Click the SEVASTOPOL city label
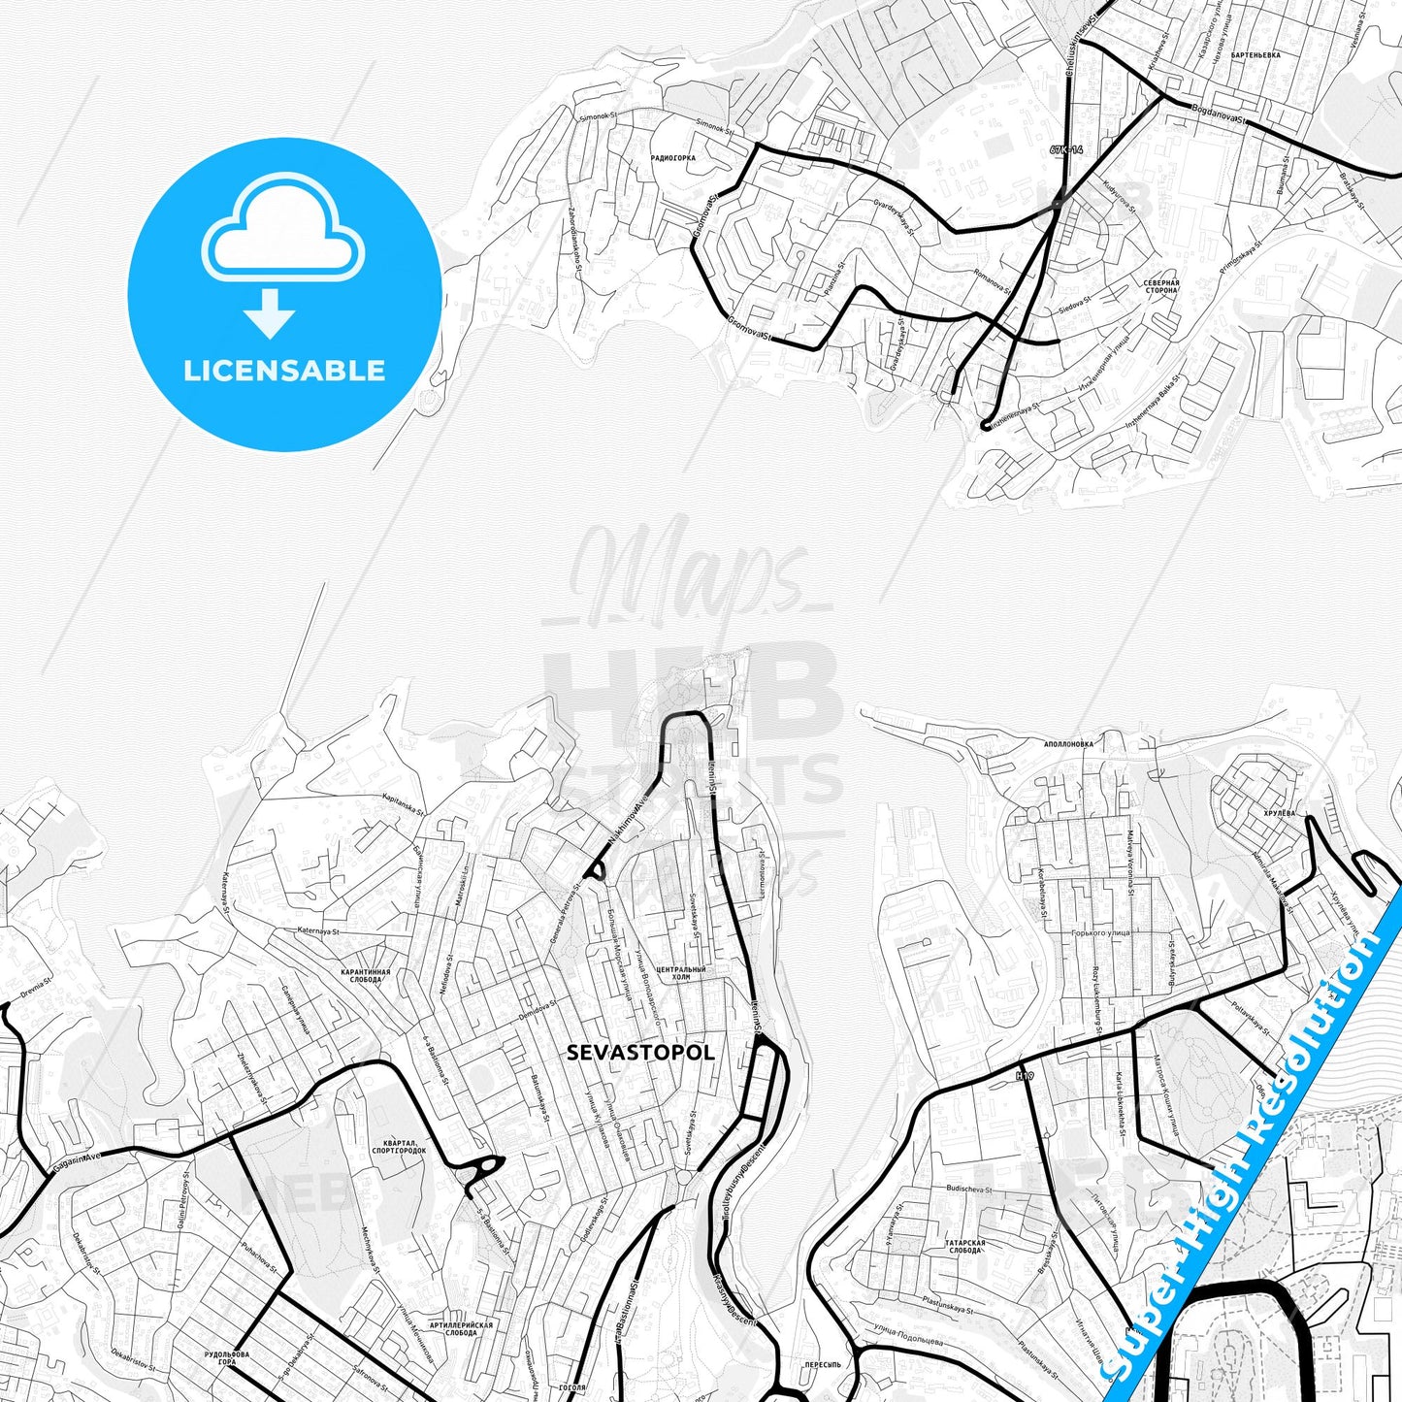click(x=640, y=1053)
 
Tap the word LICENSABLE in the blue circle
click(x=284, y=371)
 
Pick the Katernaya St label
click(x=318, y=931)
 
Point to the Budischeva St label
click(x=968, y=1189)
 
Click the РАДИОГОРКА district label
click(x=673, y=157)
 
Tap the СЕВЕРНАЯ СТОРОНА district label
click(x=1161, y=286)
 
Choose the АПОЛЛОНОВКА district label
click(x=1068, y=745)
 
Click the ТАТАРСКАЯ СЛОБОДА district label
click(x=964, y=1246)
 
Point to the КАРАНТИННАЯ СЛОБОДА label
click(x=366, y=975)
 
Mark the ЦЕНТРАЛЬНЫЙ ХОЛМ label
click(x=681, y=973)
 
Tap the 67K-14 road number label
click(x=1065, y=150)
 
